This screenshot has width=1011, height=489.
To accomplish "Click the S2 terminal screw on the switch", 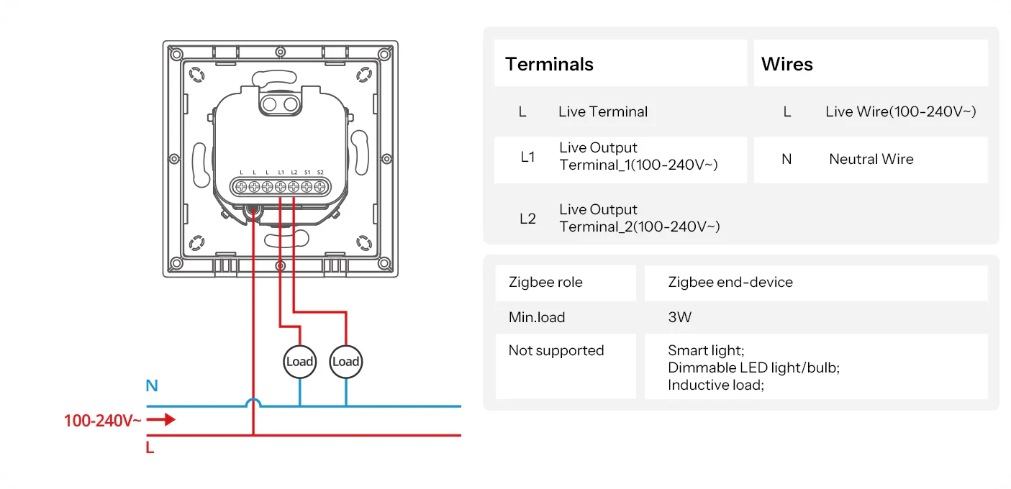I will click(320, 187).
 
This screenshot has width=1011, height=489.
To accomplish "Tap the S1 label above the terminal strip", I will click(307, 173).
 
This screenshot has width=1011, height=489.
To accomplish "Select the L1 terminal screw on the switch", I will click(281, 187).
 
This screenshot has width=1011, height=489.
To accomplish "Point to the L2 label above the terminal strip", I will click(294, 173).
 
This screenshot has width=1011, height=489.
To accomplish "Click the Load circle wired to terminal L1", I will click(299, 361).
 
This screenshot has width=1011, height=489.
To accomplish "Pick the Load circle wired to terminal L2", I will click(345, 361).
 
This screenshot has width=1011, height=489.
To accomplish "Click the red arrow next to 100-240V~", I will click(166, 419).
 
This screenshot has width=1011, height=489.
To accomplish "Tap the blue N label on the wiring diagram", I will click(152, 386).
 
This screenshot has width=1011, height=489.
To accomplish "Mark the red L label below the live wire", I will click(150, 448).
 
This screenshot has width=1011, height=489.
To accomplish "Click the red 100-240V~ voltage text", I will click(103, 421).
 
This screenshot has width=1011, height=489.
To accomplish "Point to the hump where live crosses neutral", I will click(253, 403).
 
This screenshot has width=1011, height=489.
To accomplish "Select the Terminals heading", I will click(549, 64).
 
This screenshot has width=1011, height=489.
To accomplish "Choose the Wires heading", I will click(786, 64).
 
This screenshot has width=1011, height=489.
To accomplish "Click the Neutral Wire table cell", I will click(871, 160).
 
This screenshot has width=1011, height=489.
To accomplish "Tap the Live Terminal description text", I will click(602, 111).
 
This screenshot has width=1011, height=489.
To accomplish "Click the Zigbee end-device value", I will click(730, 283).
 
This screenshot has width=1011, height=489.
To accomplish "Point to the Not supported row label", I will click(556, 351).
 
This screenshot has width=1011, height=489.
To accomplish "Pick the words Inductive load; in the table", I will click(715, 385).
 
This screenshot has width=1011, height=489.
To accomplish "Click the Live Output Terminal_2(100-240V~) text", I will click(639, 218).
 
